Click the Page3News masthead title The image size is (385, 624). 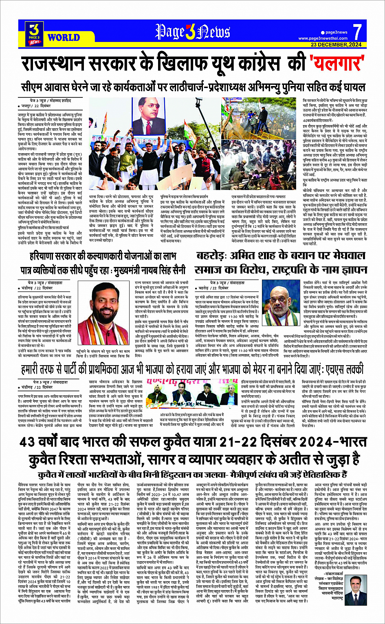tap(192, 32)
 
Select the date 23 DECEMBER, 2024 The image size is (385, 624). tap(336, 44)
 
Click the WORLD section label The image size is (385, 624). tap(63, 37)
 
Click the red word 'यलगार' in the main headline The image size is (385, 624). tap(337, 64)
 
